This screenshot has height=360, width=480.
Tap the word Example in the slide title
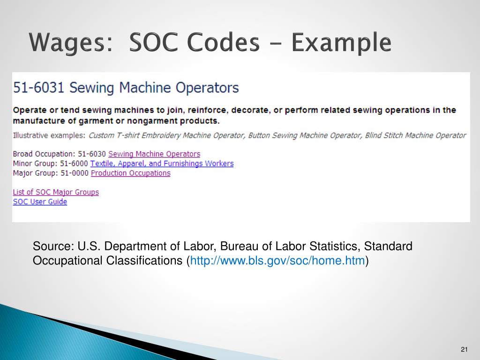(x=341, y=43)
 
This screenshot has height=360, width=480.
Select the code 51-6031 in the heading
(x=39, y=88)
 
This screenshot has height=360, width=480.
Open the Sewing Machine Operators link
(x=154, y=154)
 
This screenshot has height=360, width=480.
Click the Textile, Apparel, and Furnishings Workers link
(x=162, y=164)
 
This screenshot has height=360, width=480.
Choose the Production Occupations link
(x=130, y=173)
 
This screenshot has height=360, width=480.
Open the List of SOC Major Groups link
(x=56, y=192)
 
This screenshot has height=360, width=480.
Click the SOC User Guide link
(x=40, y=202)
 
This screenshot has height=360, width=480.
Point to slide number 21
(x=465, y=349)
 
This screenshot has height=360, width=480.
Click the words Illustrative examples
(x=49, y=135)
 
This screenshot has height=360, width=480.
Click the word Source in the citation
(x=50, y=247)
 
